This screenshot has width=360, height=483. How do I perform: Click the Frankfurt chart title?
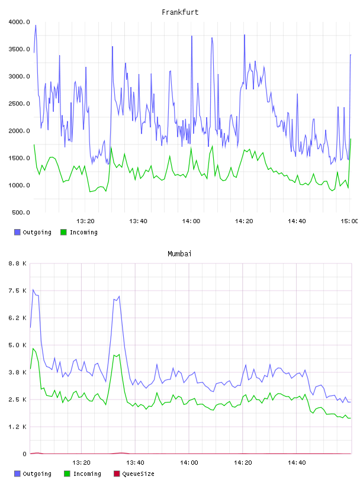(x=180, y=12)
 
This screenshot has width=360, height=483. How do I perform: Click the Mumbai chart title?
(x=179, y=253)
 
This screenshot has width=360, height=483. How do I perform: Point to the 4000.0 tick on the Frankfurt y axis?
(x=19, y=22)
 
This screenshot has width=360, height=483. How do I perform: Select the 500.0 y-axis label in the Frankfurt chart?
(x=21, y=212)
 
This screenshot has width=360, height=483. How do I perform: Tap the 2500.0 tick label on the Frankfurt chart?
(x=19, y=104)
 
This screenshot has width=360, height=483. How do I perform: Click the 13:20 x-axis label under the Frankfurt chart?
(x=85, y=221)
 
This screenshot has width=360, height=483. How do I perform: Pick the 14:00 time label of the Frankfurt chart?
(x=191, y=221)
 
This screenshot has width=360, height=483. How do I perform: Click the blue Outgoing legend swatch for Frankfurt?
(x=17, y=232)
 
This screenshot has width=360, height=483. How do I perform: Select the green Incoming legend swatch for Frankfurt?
(x=63, y=232)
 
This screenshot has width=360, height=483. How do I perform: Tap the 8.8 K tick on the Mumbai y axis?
(x=18, y=263)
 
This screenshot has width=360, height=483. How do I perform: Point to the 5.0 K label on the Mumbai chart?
(x=18, y=345)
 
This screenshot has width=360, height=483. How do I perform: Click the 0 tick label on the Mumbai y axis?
(x=24, y=454)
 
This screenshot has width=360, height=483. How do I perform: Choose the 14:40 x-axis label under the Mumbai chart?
(x=297, y=462)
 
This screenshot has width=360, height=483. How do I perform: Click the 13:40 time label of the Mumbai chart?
(x=135, y=462)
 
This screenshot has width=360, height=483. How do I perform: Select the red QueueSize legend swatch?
(x=117, y=474)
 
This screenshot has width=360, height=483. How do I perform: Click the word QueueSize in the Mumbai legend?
(x=138, y=474)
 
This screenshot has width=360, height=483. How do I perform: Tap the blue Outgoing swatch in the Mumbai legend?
(x=17, y=474)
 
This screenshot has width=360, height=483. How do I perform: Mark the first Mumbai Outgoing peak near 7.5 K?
(x=33, y=289)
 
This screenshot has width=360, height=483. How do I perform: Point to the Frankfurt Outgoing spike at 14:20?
(x=245, y=35)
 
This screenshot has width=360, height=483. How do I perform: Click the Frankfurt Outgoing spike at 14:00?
(x=192, y=36)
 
